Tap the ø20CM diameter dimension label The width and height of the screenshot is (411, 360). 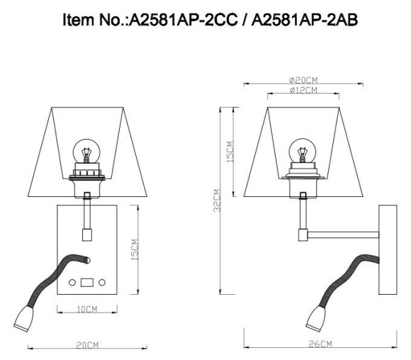(303, 81)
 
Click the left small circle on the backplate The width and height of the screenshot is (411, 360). (72, 283)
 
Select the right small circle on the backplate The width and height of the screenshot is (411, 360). (102, 283)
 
